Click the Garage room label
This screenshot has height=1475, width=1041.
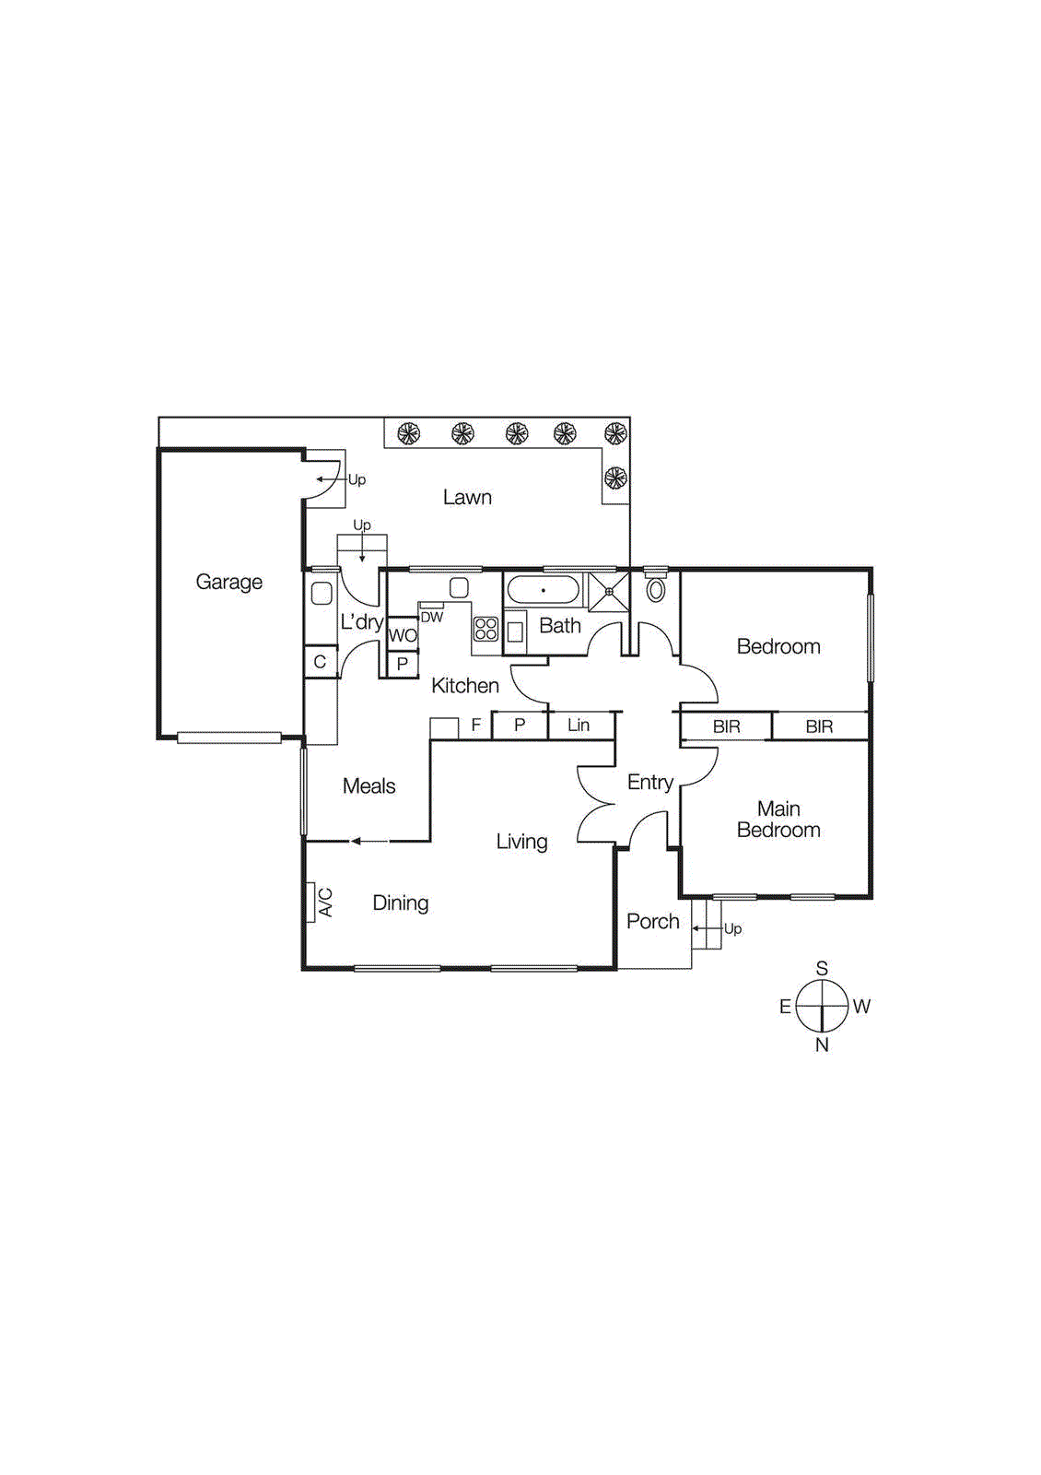[x=228, y=582]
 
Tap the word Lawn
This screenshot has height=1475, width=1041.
[x=467, y=498]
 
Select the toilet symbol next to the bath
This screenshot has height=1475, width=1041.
[x=656, y=589]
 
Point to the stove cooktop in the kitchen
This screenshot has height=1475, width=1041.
[x=486, y=629]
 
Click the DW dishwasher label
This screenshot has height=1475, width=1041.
[x=431, y=618]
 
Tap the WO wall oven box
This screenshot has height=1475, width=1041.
[x=403, y=635]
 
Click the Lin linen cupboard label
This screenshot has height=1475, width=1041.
[x=579, y=726]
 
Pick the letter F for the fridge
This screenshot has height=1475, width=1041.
[x=475, y=726]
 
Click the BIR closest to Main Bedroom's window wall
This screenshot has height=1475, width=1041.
[x=819, y=726]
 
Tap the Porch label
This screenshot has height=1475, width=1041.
[x=652, y=921]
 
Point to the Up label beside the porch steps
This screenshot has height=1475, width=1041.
[x=732, y=928]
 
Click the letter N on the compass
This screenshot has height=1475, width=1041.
[x=822, y=1044]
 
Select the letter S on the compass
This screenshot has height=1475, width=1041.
[x=822, y=968]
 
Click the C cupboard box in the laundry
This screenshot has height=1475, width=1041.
[x=320, y=662]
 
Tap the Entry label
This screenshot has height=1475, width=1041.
[x=649, y=783]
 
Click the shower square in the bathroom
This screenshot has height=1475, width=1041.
[x=609, y=591]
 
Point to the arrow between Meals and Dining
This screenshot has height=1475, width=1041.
[x=368, y=841]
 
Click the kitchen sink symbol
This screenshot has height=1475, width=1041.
[x=459, y=588]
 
